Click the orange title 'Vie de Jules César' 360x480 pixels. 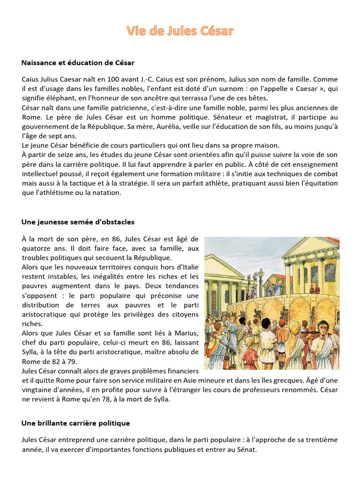(180, 31)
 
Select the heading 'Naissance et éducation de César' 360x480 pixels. (78, 62)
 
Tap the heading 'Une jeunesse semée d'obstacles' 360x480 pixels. (78, 222)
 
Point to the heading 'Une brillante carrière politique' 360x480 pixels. (75, 423)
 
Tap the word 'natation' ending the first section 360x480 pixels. (107, 192)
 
